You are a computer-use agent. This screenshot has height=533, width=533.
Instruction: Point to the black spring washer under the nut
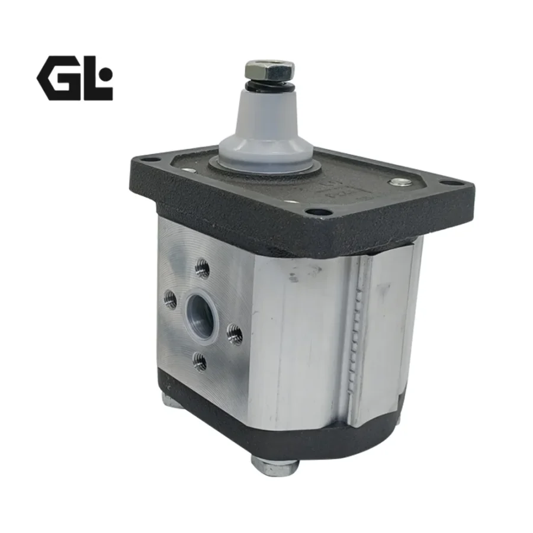pos(269,87)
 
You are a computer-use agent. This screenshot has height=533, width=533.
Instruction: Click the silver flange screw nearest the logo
pos(189,172)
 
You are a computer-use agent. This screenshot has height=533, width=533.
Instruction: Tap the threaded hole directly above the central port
pos(203,271)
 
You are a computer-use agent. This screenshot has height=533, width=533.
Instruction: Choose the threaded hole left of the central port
pos(171,300)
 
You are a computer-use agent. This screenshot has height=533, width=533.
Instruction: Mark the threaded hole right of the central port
pos(235,336)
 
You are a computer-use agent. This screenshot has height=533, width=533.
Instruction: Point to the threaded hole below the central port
pos(200,361)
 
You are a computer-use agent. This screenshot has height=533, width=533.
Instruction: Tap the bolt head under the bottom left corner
pos(171,402)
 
